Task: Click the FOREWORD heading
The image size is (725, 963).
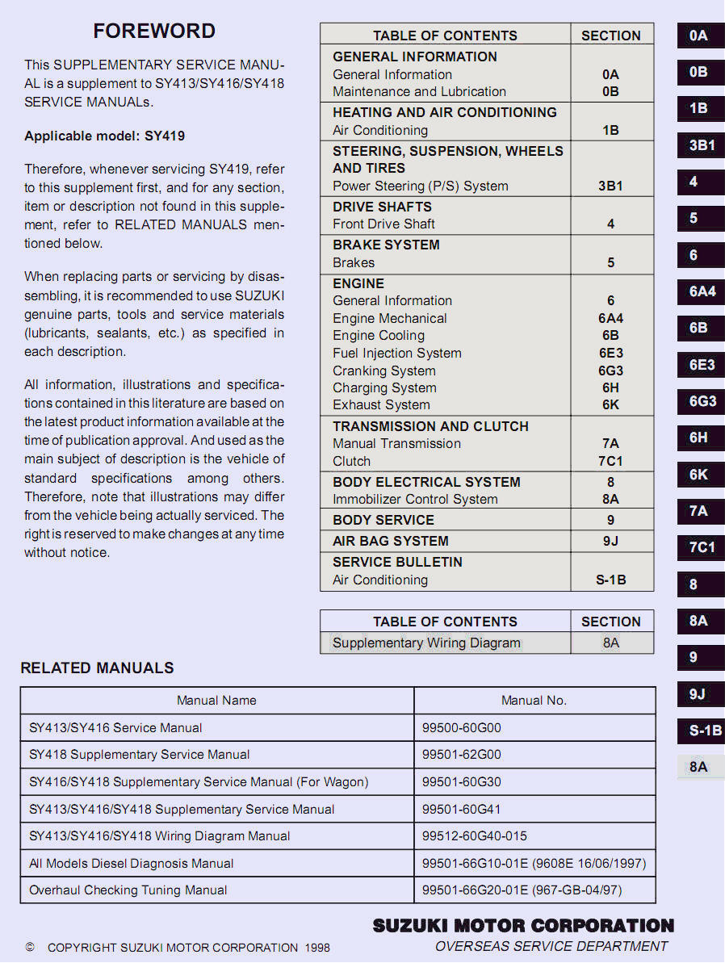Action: point(154,31)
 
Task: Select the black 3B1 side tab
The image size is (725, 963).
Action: point(701,145)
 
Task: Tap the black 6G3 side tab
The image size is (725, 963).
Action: point(701,401)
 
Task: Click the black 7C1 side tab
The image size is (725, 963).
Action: point(701,547)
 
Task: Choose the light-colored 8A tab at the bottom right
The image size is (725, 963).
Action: point(699,767)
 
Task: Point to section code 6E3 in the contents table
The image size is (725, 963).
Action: point(610,354)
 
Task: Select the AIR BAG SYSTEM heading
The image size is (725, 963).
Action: point(391,541)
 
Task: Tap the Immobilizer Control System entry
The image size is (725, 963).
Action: point(415,499)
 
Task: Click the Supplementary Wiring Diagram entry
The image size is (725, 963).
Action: point(426,643)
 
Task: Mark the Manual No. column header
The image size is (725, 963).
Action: point(534,701)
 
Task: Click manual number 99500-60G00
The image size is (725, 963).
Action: point(462,728)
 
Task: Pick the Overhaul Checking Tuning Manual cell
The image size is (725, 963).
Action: point(128,890)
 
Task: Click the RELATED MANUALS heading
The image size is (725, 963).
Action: point(97,668)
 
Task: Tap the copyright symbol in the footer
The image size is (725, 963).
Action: point(30,947)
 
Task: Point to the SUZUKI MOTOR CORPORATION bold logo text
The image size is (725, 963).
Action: point(523,926)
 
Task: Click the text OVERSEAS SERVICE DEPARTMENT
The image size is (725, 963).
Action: point(551,946)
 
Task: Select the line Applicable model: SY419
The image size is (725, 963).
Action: point(104,136)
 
